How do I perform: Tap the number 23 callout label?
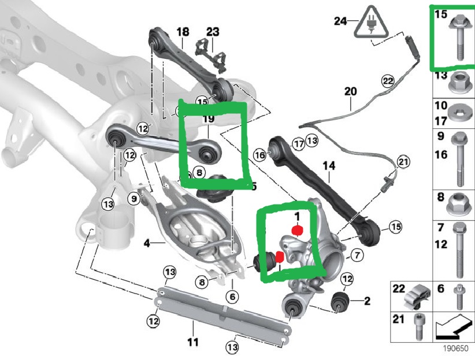pos(213,32)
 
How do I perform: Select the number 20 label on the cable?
pos(351,91)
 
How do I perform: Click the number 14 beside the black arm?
pos(329,166)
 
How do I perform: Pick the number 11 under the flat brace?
pos(193,342)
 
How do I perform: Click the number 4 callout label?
pos(147,244)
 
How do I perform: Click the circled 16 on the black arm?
pos(259,154)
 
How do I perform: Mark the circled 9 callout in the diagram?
pos(134,199)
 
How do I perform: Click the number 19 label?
pos(208,118)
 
